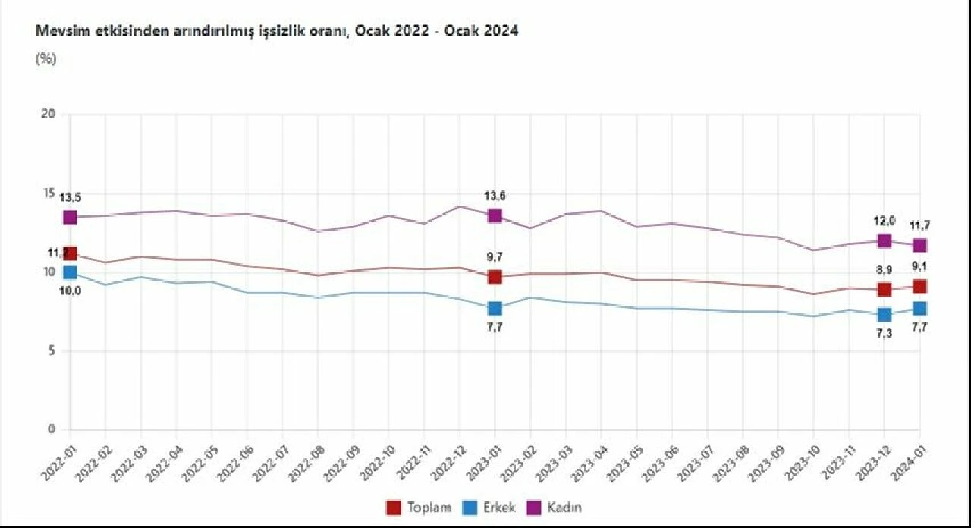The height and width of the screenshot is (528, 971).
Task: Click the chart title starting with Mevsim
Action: click(x=277, y=32)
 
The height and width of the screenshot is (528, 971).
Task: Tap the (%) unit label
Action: click(x=46, y=59)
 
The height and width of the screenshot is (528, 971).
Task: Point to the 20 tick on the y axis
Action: click(x=49, y=115)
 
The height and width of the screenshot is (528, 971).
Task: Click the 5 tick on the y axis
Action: click(x=52, y=350)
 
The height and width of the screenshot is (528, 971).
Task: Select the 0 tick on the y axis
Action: click(x=52, y=429)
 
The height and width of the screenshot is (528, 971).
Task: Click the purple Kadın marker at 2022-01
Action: click(x=70, y=217)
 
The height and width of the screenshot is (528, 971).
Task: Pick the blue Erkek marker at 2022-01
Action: click(x=70, y=272)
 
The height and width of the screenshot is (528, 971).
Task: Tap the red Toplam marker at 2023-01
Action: click(x=495, y=277)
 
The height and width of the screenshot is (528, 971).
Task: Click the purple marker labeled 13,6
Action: click(x=495, y=215)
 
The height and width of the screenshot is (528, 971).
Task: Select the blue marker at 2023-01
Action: click(x=495, y=308)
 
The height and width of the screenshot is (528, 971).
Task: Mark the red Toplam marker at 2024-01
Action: click(x=919, y=286)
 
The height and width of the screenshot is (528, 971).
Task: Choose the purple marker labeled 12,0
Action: click(x=884, y=240)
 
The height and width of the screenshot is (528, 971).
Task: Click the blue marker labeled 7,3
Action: click(x=884, y=315)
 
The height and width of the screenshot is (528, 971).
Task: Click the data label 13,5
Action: click(x=70, y=198)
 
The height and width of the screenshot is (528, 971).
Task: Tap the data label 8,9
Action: click(x=885, y=269)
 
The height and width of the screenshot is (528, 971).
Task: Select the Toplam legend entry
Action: click(x=420, y=508)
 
